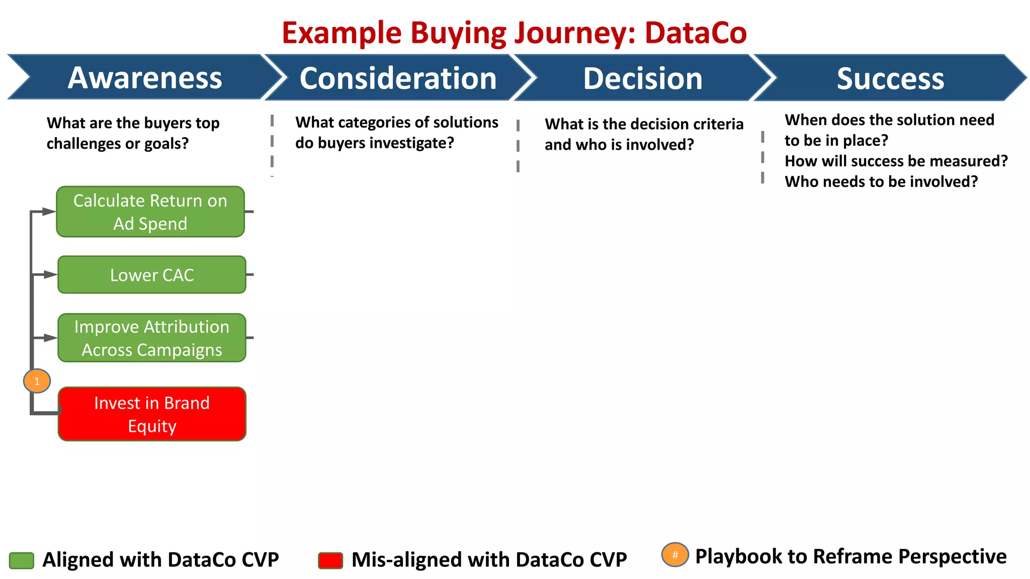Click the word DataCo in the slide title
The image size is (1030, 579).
point(696,33)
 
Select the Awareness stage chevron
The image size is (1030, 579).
point(145,78)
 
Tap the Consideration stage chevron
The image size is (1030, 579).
point(398,78)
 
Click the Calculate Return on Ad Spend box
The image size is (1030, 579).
point(150,212)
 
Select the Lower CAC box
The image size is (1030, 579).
point(152,275)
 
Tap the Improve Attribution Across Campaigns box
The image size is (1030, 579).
point(152,338)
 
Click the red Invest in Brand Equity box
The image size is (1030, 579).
point(152,414)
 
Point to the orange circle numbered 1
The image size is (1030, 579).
point(37,381)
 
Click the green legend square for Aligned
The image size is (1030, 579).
point(22,560)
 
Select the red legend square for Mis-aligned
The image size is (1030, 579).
point(330,560)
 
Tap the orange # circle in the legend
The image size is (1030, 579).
point(675,555)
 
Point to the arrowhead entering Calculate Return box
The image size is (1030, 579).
point(49,212)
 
